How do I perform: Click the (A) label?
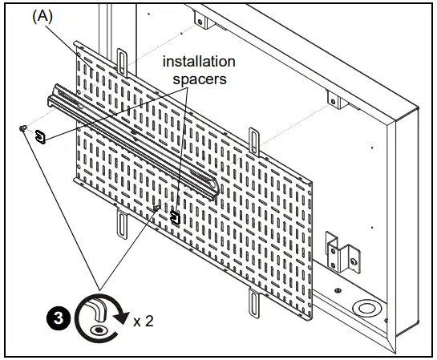tap(42, 17)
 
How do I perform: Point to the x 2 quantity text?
tap(144, 321)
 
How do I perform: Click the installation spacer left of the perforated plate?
tap(39, 136)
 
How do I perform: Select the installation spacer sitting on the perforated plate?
tap(176, 216)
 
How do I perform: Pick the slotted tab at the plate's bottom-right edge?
tap(255, 304)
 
